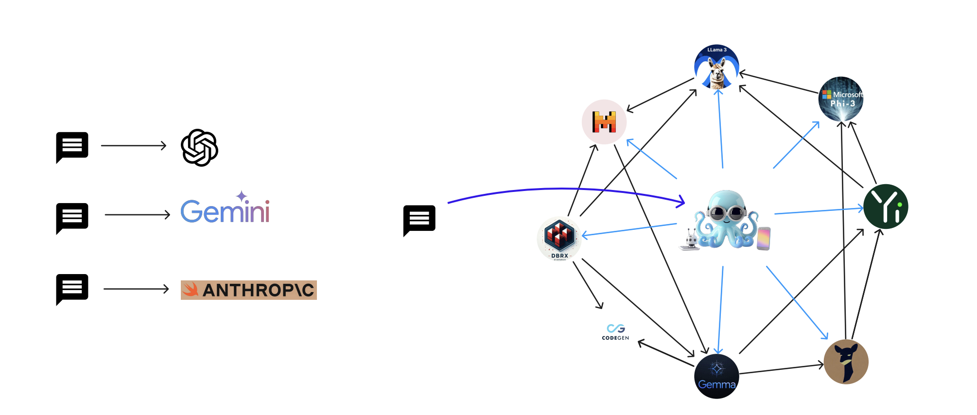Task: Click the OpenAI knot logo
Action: tap(199, 148)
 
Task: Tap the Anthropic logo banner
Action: tap(248, 290)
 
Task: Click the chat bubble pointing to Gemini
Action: tap(72, 217)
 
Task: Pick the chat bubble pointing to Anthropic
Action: tap(72, 288)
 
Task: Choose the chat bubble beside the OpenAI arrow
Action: tap(72, 146)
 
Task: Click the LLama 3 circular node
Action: tap(716, 67)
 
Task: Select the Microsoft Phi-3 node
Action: tap(841, 99)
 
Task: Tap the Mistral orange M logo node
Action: tap(604, 122)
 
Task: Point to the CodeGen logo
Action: tap(615, 332)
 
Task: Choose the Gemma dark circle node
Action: tap(716, 376)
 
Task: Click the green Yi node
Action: tap(886, 207)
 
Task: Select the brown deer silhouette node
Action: tap(846, 362)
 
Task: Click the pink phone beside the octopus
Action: tap(764, 238)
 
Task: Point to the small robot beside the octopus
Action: tap(690, 240)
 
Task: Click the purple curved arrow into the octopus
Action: tap(564, 189)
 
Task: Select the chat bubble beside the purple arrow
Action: tap(419, 220)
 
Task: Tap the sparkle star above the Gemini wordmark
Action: tap(242, 196)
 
